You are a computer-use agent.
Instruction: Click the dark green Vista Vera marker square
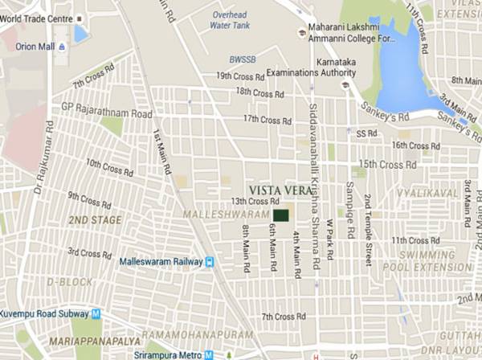point(280,215)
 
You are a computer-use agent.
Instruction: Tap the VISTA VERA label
point(279,184)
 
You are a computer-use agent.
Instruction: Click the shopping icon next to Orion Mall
point(62,47)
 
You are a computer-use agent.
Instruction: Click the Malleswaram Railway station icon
point(210,261)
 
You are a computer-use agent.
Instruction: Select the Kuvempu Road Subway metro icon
point(96,313)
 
